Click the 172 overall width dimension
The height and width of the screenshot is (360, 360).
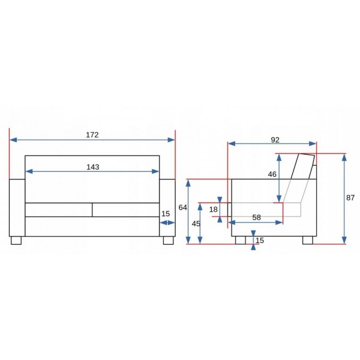[x=92, y=135]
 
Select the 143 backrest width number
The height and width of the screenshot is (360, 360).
[x=92, y=167]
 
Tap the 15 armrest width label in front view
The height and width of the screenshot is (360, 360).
[x=166, y=214]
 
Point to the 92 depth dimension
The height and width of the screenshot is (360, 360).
[x=275, y=140]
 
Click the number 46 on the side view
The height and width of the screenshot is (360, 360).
[x=272, y=174]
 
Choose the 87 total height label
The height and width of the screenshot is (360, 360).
[x=352, y=197]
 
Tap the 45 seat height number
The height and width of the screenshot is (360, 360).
[x=196, y=223]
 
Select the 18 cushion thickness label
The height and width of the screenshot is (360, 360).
[x=213, y=209]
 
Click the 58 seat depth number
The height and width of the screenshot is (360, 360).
[x=257, y=217]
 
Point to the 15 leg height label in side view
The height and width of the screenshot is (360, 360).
[x=259, y=241]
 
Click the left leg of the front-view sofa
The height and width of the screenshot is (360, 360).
[x=16, y=240]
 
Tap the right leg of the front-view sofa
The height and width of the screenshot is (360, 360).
[x=167, y=240]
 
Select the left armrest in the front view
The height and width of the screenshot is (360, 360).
[x=17, y=207]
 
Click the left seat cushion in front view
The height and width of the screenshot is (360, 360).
[x=58, y=209]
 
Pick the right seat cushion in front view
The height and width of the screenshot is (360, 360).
[x=125, y=209]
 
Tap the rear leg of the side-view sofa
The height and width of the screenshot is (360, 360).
[x=307, y=240]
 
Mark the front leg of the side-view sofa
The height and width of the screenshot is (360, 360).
[x=241, y=240]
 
